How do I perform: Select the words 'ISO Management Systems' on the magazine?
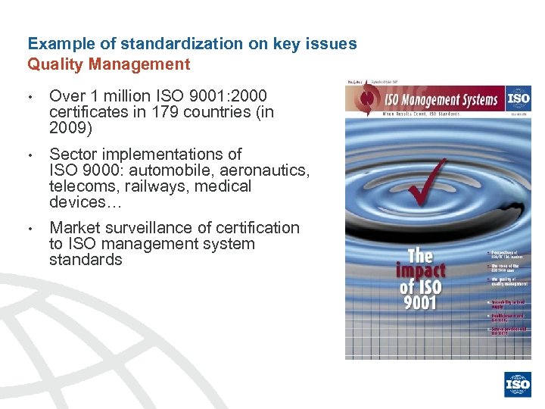443,99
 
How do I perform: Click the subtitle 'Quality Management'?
109,64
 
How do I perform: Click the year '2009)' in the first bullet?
70,128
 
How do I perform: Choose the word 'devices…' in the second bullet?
77,202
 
